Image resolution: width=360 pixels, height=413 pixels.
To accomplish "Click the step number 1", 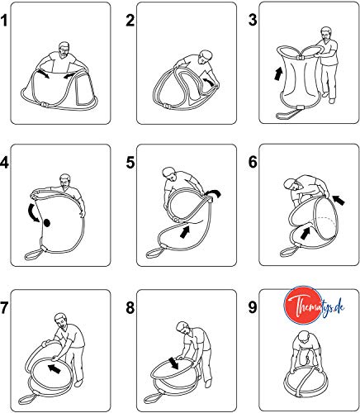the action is (3, 21).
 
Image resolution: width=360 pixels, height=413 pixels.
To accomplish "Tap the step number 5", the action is (130, 163).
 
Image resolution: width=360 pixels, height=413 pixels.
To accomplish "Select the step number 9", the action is (253, 307).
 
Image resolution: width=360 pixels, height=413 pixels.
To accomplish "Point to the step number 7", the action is (4, 307).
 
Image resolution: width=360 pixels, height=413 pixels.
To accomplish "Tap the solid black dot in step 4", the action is (47, 223).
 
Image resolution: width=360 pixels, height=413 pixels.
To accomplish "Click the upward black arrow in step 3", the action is (278, 74).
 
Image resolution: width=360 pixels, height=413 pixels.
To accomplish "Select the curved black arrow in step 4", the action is (34, 213).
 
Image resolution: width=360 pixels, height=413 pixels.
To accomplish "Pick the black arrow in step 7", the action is (54, 368).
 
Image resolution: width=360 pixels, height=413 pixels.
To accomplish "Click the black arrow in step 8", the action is (174, 363).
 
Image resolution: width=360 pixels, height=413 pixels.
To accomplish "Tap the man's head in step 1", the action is (64, 50).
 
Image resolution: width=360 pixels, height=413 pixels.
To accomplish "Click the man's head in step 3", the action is (326, 34).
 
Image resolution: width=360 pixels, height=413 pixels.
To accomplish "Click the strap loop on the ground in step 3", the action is (287, 114).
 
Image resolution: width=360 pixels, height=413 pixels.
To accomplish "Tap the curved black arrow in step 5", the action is (214, 193).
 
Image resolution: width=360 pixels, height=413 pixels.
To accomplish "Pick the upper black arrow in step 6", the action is (339, 200).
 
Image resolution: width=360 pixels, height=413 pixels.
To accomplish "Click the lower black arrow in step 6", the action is (306, 233).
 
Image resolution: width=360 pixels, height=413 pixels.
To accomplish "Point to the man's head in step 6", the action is (291, 185).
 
